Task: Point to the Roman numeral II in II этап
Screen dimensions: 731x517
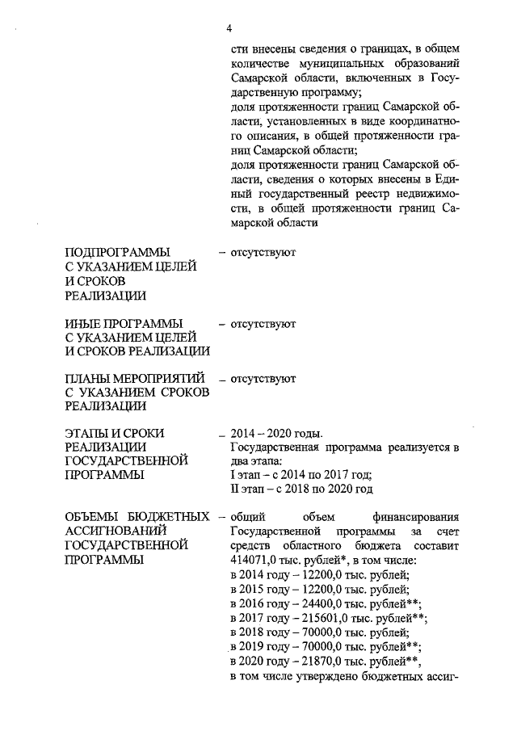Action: pyautogui.click(x=234, y=489)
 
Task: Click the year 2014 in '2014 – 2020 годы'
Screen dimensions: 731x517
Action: pyautogui.click(x=243, y=434)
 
